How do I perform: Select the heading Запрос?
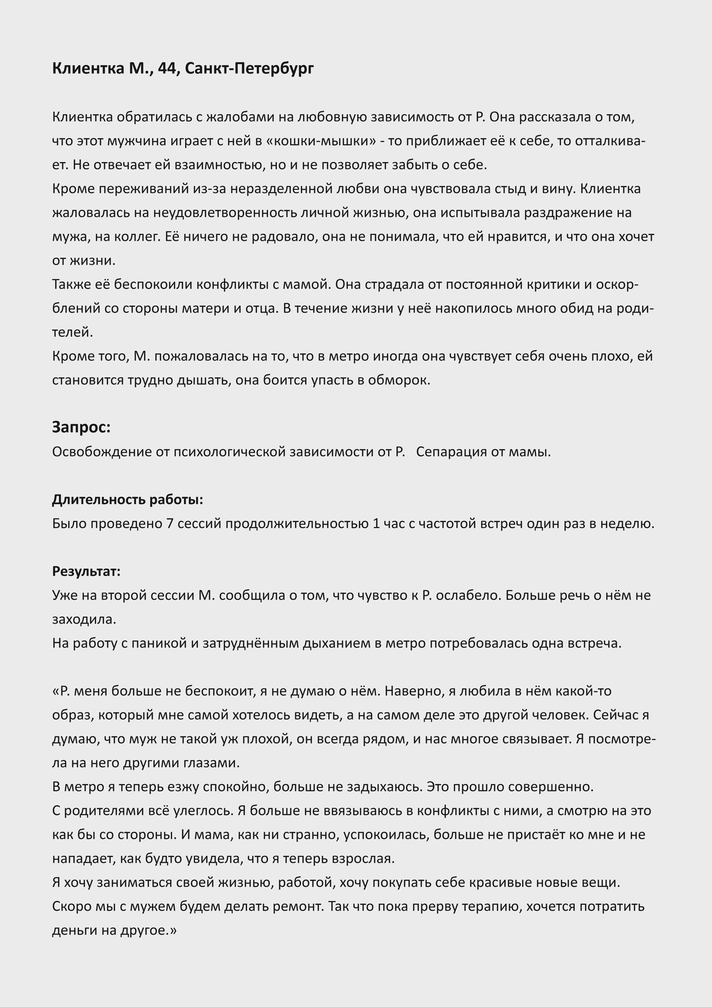81,427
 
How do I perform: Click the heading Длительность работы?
127,499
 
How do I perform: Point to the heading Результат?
87,571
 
